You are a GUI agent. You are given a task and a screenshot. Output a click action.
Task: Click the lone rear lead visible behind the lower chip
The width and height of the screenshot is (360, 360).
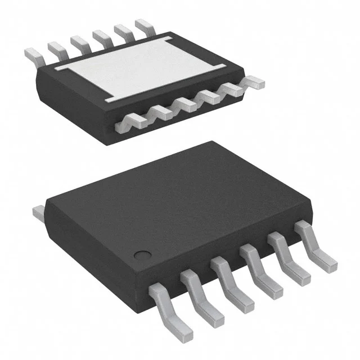pyautogui.click(x=39, y=213)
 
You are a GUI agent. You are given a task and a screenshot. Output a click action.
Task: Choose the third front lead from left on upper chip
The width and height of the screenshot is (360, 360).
pyautogui.click(x=185, y=103)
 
